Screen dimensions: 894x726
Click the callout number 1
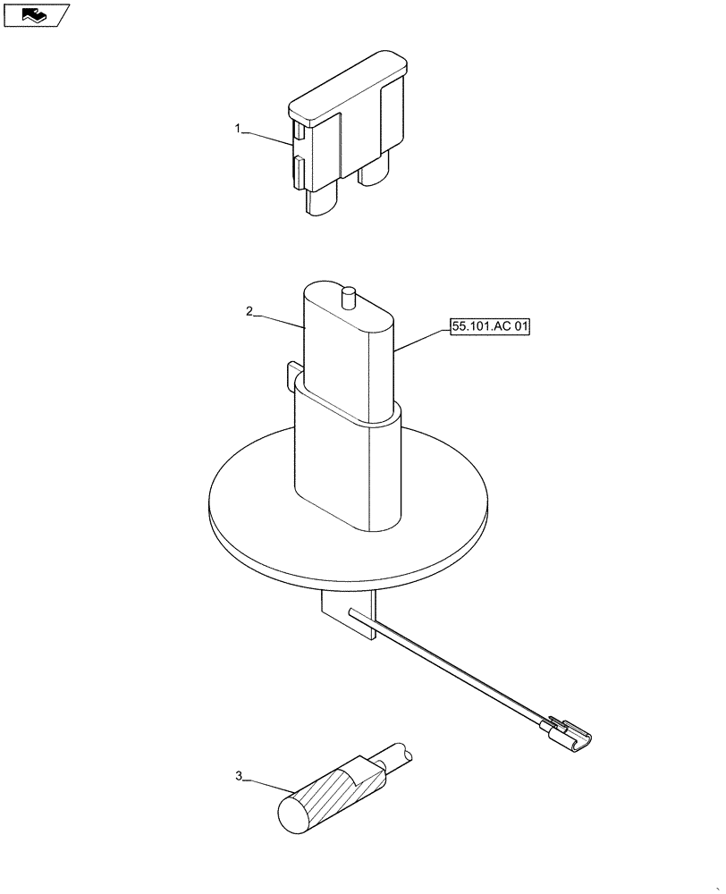(x=238, y=130)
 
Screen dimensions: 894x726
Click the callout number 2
(x=250, y=311)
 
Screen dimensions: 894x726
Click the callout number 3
(x=239, y=777)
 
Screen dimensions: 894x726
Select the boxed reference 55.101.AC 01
(x=490, y=328)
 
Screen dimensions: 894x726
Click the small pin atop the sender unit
(x=348, y=295)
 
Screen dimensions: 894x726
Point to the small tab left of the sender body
(x=291, y=372)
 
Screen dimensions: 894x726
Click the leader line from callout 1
(x=266, y=136)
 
